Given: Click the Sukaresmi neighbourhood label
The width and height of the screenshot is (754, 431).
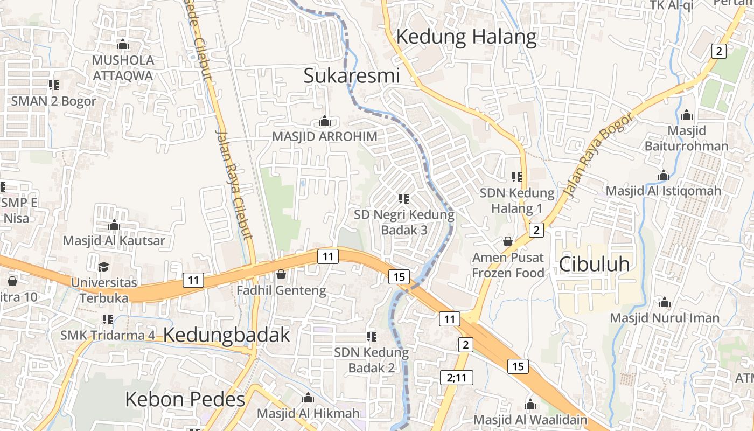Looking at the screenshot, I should tap(352, 75).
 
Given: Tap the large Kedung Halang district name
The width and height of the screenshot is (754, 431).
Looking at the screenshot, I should tap(466, 37).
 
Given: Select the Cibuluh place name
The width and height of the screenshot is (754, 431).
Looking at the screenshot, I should tap(594, 264).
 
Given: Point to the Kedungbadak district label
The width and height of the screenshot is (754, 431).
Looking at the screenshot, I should tap(226, 335).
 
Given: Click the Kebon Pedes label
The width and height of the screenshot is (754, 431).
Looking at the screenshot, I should tap(185, 399).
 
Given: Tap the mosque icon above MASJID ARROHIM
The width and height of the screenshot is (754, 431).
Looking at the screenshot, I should tap(324, 121).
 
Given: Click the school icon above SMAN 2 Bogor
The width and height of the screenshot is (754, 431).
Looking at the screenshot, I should tap(53, 85).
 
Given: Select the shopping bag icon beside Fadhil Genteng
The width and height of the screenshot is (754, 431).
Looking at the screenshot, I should tap(281, 275).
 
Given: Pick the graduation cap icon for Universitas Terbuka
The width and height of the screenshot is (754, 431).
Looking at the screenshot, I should tap(103, 267).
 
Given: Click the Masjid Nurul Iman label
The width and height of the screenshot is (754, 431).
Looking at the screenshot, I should tap(665, 318).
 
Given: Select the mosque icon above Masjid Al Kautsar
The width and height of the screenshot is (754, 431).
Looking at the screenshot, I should tap(114, 225).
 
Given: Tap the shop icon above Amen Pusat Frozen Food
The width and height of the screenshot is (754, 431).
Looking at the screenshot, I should tap(507, 241).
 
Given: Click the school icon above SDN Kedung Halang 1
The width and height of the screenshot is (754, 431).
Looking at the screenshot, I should tap(517, 177).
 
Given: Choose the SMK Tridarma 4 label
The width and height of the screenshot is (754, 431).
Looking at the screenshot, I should tap(108, 335).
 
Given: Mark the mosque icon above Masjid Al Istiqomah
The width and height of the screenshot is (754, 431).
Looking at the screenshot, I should tap(664, 176).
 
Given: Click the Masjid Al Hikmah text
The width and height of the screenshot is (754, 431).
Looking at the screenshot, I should tap(308, 414).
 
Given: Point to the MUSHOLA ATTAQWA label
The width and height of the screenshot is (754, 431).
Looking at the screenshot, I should tap(123, 67).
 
